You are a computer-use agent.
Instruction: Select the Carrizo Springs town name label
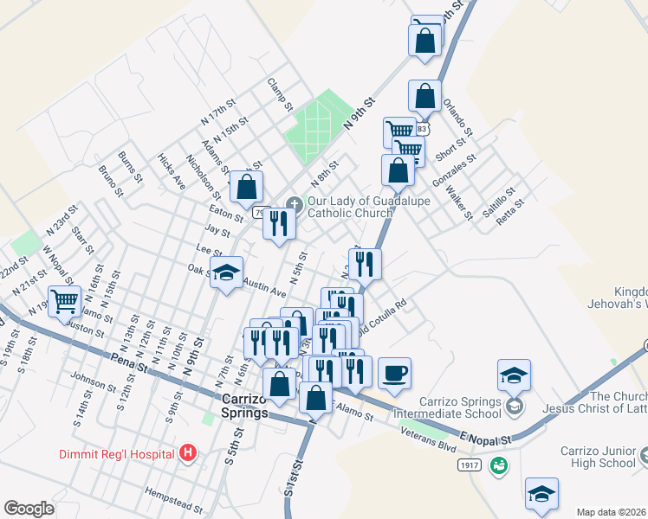pyautogui.click(x=245, y=407)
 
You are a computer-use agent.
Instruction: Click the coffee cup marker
pyautogui.click(x=394, y=373)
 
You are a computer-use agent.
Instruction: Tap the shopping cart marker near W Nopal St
pyautogui.click(x=64, y=302)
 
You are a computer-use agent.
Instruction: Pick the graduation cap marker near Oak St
pyautogui.click(x=226, y=273)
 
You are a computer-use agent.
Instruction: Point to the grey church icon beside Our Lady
pyautogui.click(x=295, y=205)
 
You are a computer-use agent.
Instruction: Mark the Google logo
pyautogui.click(x=29, y=509)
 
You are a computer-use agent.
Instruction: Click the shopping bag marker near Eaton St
pyautogui.click(x=246, y=187)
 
